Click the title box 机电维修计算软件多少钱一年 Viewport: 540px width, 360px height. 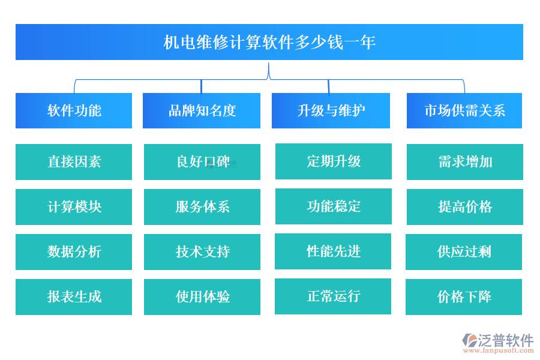click(269, 42)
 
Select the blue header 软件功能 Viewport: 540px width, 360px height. click(74, 110)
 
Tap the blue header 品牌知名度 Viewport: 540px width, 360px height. click(202, 110)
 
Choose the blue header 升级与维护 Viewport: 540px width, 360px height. click(331, 110)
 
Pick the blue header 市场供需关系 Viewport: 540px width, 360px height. click(464, 110)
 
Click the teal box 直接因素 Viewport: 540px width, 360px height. click(74, 162)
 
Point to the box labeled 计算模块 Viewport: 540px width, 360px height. click(74, 207)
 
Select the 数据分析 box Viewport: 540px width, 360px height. click(74, 252)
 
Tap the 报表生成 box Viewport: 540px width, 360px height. click(74, 297)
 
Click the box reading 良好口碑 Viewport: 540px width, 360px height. click(202, 162)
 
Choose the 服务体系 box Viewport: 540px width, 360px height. click(202, 207)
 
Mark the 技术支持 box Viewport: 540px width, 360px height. click(202, 252)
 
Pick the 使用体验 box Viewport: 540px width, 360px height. click(202, 297)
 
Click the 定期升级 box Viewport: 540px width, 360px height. click(334, 161)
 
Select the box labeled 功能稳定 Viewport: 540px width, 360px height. click(334, 206)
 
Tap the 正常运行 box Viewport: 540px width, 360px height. click(333, 296)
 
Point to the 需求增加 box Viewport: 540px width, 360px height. click(465, 162)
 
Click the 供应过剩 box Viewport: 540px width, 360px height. click(464, 252)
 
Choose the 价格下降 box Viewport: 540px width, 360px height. click(464, 297)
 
